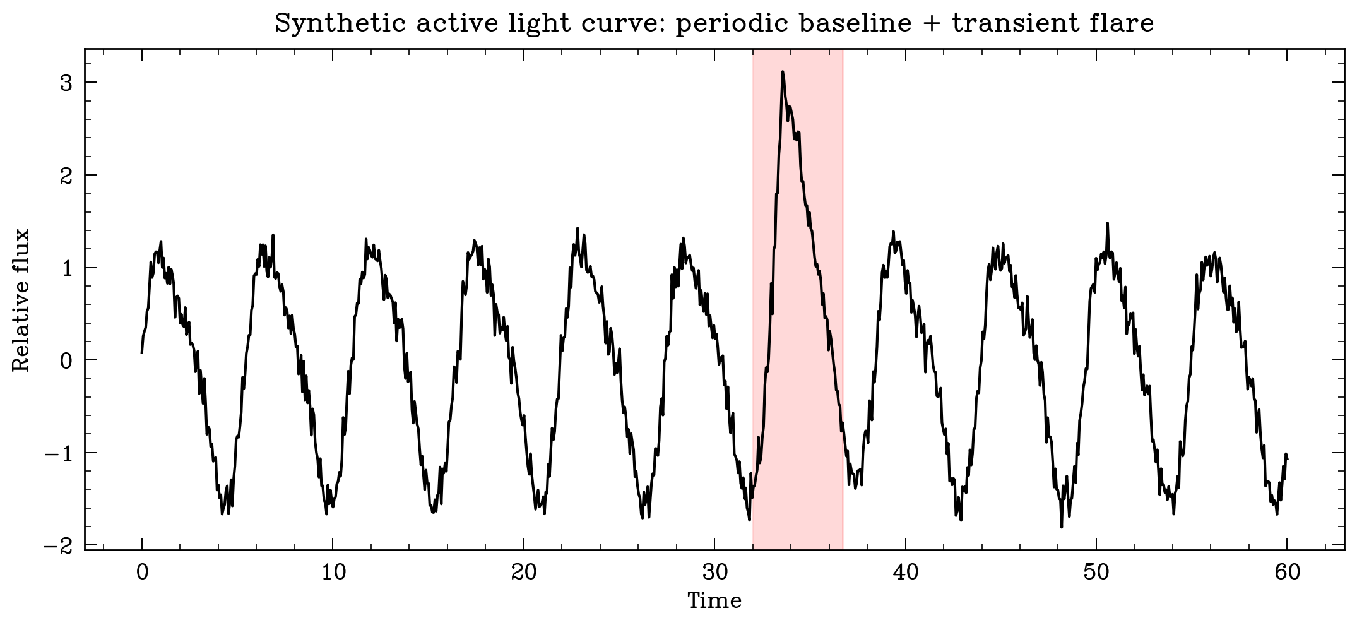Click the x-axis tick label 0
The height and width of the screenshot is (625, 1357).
pyautogui.click(x=142, y=573)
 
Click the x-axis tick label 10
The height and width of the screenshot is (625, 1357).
pyautogui.click(x=333, y=573)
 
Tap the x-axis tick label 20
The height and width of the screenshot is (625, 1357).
pyautogui.click(x=524, y=573)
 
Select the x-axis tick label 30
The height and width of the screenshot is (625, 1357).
pyautogui.click(x=715, y=573)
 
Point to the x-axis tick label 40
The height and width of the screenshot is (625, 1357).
pyautogui.click(x=906, y=573)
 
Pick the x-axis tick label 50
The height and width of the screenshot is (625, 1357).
pyautogui.click(x=1096, y=573)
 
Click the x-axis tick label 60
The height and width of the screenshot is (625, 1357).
pyautogui.click(x=1288, y=573)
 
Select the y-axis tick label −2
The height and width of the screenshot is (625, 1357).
pyautogui.click(x=59, y=545)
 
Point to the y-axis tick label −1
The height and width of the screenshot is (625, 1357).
pyautogui.click(x=59, y=453)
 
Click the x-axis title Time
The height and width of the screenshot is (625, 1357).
pyautogui.click(x=714, y=600)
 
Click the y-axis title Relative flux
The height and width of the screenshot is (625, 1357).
pyautogui.click(x=21, y=300)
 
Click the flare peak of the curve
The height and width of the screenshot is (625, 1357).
pyautogui.click(x=783, y=72)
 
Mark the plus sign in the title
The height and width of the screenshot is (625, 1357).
pyautogui.click(x=934, y=24)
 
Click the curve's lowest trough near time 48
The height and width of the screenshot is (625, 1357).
pyautogui.click(x=1062, y=527)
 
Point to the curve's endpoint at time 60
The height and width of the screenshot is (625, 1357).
pyautogui.click(x=1288, y=459)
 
